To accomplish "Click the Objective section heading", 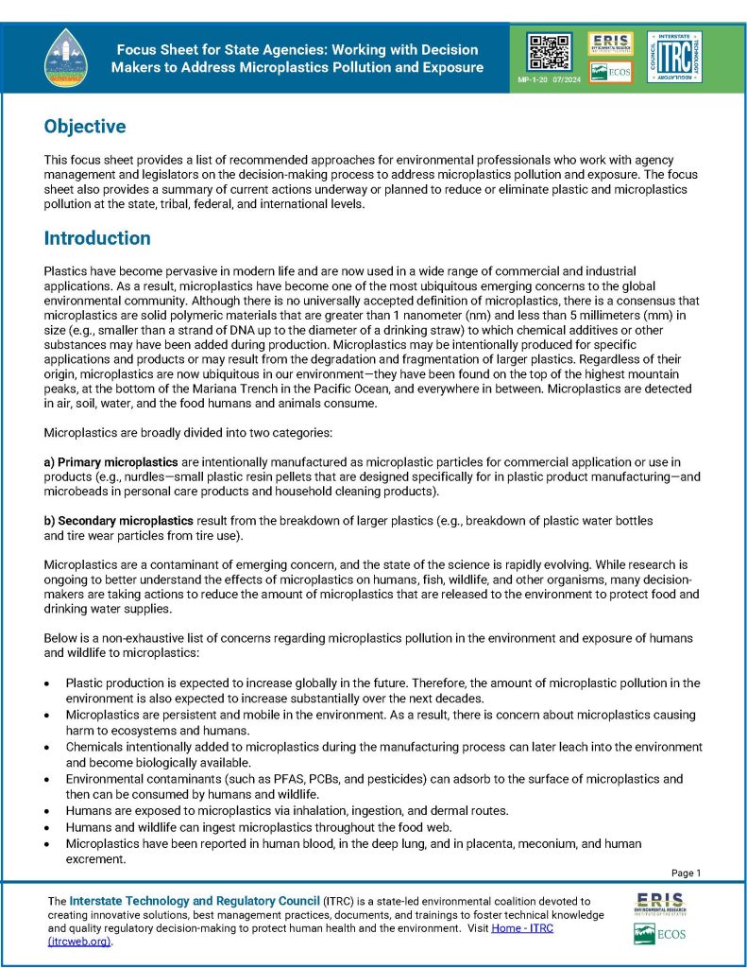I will pyautogui.click(x=85, y=127).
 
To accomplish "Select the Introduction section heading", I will pyautogui.click(x=97, y=238).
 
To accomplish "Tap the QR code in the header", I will pyautogui.click(x=548, y=52).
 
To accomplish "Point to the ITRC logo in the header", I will pyautogui.click(x=674, y=57).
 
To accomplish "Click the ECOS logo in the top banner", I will pyautogui.click(x=610, y=72).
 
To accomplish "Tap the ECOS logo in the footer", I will pyautogui.click(x=660, y=935).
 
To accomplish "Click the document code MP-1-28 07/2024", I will pyautogui.click(x=547, y=82).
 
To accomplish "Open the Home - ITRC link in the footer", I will pyautogui.click(x=529, y=928).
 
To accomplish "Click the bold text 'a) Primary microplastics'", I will pyautogui.click(x=111, y=461).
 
